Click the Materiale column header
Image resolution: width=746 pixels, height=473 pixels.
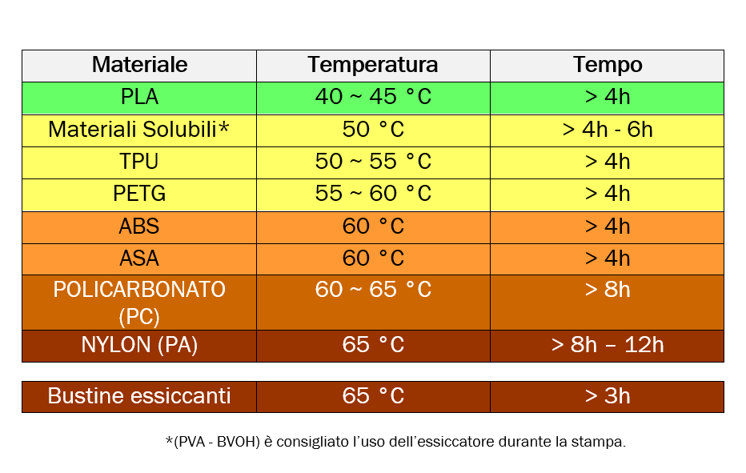(139, 65)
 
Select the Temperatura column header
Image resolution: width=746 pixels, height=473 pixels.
(373, 65)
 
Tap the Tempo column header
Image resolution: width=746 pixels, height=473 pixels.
(608, 65)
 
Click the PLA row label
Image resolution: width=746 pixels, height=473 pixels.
(139, 97)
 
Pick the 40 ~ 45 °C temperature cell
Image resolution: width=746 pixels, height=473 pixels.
(373, 97)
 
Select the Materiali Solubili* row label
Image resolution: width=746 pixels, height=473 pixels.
(139, 130)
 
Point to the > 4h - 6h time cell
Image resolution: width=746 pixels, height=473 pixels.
(608, 130)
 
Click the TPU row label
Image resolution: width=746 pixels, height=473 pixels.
(139, 162)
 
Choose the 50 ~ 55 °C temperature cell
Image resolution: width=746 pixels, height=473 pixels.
(373, 162)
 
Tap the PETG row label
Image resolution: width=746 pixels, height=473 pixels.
(139, 194)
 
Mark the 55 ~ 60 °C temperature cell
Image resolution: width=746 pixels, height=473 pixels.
(373, 194)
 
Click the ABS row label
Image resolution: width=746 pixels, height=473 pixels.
(139, 226)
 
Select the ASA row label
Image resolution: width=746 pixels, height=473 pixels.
(139, 259)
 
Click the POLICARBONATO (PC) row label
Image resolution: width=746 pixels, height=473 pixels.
(139, 302)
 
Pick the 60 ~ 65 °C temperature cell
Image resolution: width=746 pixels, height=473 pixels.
(373, 290)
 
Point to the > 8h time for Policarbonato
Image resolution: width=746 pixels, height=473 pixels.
(608, 290)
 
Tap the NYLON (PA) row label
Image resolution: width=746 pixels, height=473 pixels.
(139, 345)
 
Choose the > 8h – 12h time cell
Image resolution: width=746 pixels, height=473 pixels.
(608, 345)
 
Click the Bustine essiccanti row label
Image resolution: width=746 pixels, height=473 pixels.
(139, 396)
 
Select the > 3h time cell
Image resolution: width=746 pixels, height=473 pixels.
(608, 396)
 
